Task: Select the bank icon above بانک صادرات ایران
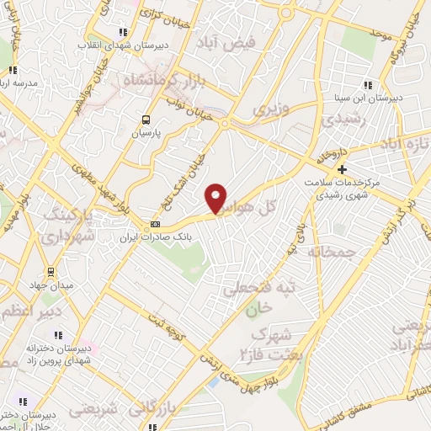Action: [x=155, y=224]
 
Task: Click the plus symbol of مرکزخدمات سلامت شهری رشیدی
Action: [x=342, y=170]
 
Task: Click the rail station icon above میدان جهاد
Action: [x=51, y=271]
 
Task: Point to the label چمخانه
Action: [x=333, y=252]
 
